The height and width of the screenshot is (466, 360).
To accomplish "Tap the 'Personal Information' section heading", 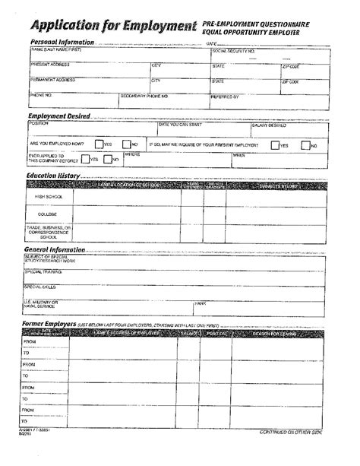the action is click(62, 42).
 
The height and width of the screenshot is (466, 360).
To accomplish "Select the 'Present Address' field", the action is click(88, 71).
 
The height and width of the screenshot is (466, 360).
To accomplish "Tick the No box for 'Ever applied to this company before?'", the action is click(109, 160).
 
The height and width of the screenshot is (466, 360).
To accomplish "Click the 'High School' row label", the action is click(49, 196).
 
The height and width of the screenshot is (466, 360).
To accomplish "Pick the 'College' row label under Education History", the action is click(49, 214).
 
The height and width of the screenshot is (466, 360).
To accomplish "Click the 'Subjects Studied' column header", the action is click(280, 184).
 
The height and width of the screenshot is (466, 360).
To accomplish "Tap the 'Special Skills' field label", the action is click(41, 286).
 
